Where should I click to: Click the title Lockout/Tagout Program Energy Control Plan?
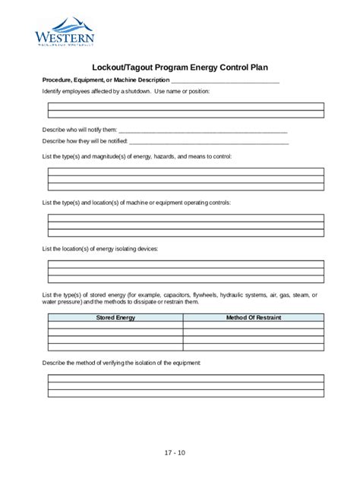point(180,66)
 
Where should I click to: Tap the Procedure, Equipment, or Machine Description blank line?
point(226,80)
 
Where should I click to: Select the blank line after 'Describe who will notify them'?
point(203,130)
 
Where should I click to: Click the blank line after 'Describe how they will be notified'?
point(209,141)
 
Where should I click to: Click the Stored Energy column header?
point(115,317)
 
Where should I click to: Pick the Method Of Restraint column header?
point(253,317)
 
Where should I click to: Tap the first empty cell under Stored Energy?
point(115,325)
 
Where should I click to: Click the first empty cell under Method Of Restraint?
point(253,325)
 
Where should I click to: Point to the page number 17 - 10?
point(175,453)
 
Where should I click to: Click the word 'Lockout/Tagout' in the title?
point(118,66)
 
